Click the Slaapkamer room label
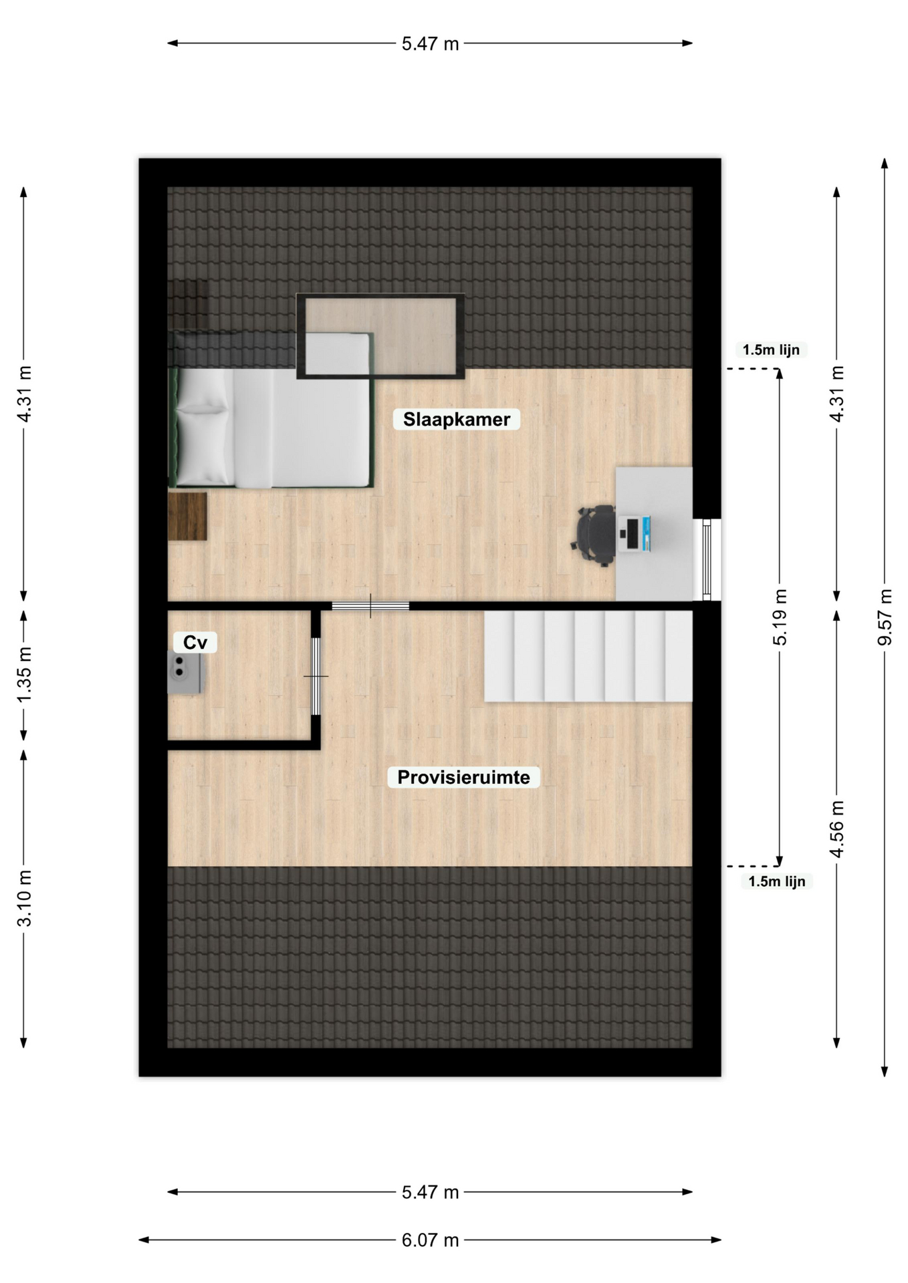tap(457, 419)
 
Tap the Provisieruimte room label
tap(463, 777)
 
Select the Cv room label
tap(195, 642)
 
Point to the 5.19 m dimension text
tap(780, 617)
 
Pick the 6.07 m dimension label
tap(431, 1240)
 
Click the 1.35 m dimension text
tap(24, 674)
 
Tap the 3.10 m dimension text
tap(24, 898)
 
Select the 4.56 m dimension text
tap(836, 828)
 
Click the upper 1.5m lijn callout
tap(771, 349)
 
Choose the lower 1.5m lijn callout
tap(776, 881)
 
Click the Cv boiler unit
tap(185, 674)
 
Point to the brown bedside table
tap(187, 517)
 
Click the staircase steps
tap(588, 657)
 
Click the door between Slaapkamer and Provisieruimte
tap(370, 606)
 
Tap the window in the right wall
tap(707, 560)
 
